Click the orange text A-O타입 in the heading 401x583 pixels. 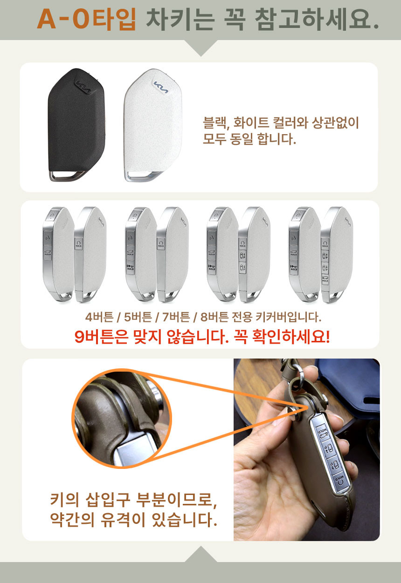87,19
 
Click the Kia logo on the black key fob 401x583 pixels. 83,86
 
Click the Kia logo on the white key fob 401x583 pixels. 161,87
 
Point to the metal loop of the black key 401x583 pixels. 66,176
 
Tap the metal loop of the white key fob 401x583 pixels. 143,176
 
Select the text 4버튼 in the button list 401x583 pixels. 99,317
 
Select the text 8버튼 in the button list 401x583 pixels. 214,317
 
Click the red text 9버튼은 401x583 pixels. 101,337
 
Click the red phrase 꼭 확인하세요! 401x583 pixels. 282,337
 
